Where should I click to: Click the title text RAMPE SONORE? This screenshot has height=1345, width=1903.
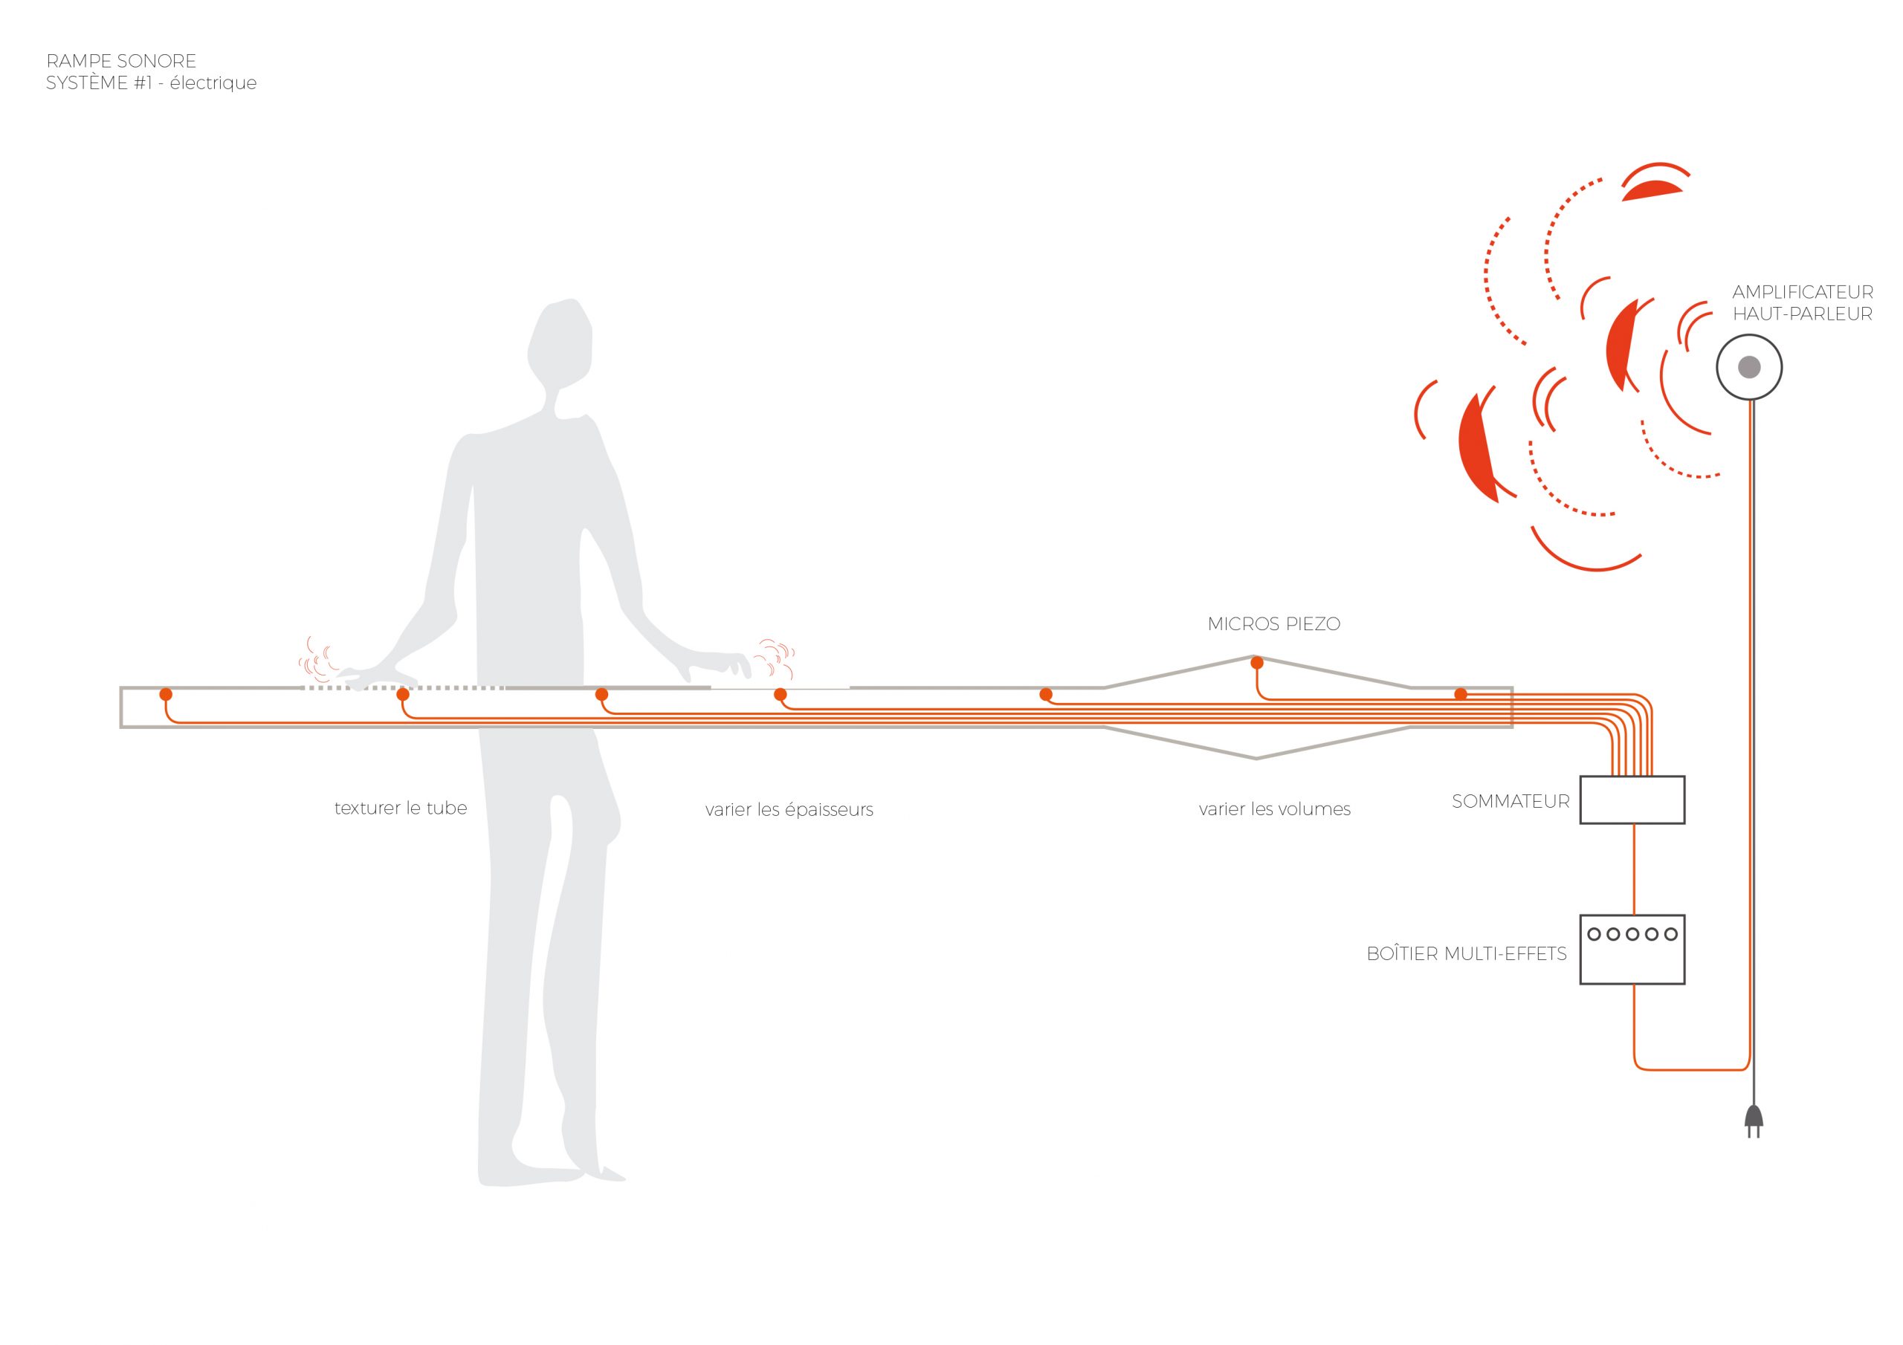coord(121,62)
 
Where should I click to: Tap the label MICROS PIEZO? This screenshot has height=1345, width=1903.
coord(1274,624)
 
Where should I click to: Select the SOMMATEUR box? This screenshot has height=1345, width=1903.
coord(1632,800)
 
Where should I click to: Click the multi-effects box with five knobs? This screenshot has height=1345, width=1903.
coord(1632,949)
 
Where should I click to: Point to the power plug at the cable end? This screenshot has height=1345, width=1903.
coord(1753,1122)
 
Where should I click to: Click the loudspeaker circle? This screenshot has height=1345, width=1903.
coord(1749,366)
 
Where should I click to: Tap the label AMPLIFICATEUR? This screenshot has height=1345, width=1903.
coord(1803,293)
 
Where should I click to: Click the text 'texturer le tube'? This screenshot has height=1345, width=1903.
coord(401,808)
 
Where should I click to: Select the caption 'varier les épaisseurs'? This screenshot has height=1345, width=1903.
coord(789,810)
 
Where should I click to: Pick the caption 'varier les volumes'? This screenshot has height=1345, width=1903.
coord(1275,810)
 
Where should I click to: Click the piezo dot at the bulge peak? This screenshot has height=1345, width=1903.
coord(1256,662)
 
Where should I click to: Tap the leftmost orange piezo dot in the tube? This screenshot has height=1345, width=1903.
coord(166,693)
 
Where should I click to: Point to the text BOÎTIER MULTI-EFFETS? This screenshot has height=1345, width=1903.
coord(1466,954)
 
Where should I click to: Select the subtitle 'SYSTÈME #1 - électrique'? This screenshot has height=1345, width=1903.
coord(152,83)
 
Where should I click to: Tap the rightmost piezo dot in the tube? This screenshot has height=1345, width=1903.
coord(1461,693)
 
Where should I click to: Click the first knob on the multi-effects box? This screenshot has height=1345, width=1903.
coord(1594,934)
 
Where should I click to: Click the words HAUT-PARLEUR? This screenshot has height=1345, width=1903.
coord(1803,314)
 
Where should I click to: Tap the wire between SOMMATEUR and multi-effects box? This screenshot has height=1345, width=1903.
coord(1634,869)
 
